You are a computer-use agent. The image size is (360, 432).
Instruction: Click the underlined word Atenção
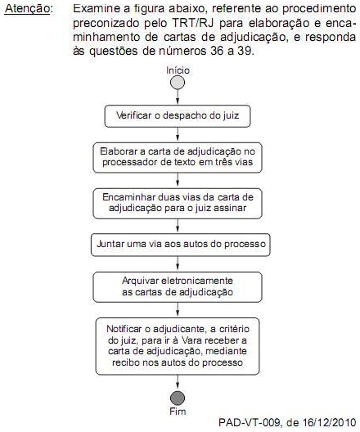[27, 11]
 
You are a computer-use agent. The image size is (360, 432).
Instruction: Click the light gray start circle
[177, 83]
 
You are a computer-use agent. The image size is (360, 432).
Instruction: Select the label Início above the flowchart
[178, 70]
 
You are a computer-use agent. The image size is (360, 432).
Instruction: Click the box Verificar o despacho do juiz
[177, 116]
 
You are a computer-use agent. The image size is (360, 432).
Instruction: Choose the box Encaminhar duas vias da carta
[177, 203]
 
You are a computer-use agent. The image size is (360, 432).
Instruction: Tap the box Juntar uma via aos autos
[177, 244]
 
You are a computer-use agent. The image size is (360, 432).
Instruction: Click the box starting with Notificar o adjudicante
[177, 344]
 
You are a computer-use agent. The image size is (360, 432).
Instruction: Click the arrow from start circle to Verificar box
[177, 97]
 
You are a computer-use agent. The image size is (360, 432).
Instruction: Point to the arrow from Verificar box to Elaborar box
[177, 136]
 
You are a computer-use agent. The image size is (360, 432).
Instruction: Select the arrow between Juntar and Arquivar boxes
[177, 263]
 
